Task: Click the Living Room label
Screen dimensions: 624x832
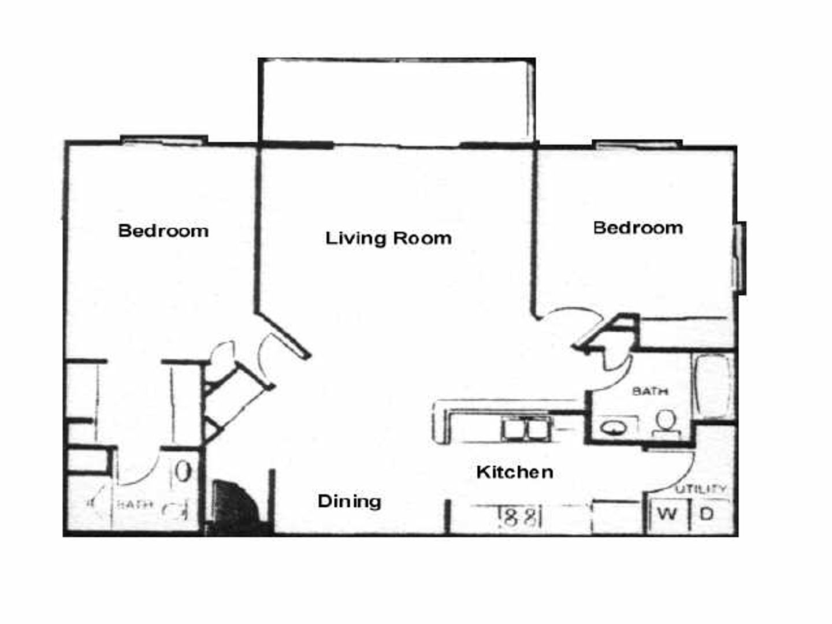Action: click(x=388, y=238)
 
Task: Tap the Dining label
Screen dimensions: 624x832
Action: click(x=349, y=501)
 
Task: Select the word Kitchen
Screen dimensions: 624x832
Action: click(x=514, y=472)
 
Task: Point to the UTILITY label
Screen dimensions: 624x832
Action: click(x=701, y=489)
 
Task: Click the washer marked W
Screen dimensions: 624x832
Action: click(x=667, y=514)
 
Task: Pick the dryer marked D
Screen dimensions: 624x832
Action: click(x=707, y=514)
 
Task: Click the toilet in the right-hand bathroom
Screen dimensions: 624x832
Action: click(x=666, y=422)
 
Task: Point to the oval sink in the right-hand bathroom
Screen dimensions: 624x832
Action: click(x=614, y=428)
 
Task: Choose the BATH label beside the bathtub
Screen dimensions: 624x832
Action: click(x=650, y=391)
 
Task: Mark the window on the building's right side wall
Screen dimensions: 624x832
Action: click(x=739, y=257)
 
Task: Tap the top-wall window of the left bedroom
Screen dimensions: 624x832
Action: click(x=164, y=140)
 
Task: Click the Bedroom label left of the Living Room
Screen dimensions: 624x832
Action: click(x=163, y=231)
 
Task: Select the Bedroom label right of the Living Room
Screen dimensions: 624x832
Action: click(x=638, y=228)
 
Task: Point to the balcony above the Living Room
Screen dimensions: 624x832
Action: click(x=397, y=99)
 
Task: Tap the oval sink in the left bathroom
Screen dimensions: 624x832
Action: click(x=183, y=471)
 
